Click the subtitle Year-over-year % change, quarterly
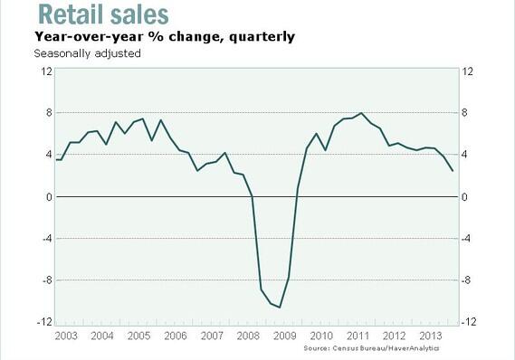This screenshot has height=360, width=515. pos(164,37)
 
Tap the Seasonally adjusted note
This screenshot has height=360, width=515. pos(87,53)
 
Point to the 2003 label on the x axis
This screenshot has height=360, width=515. pos(65,335)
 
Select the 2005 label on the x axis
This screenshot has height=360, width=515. pos(138,335)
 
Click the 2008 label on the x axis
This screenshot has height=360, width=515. pos(248,335)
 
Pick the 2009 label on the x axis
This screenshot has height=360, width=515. pos(285,335)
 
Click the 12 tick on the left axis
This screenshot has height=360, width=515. pos(44,71)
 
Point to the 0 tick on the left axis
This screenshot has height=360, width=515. pos(47,197)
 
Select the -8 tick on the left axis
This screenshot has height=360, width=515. pos(44,280)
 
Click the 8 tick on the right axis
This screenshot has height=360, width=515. pos(466,113)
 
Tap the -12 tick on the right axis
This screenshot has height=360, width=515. pos(470,323)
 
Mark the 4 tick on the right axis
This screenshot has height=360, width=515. pos(466,155)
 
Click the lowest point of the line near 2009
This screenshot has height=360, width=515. pos(280,308)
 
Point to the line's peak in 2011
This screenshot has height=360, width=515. pos(362,113)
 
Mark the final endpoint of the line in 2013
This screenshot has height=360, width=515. pos(453,171)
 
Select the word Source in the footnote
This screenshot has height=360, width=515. pos(316,348)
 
